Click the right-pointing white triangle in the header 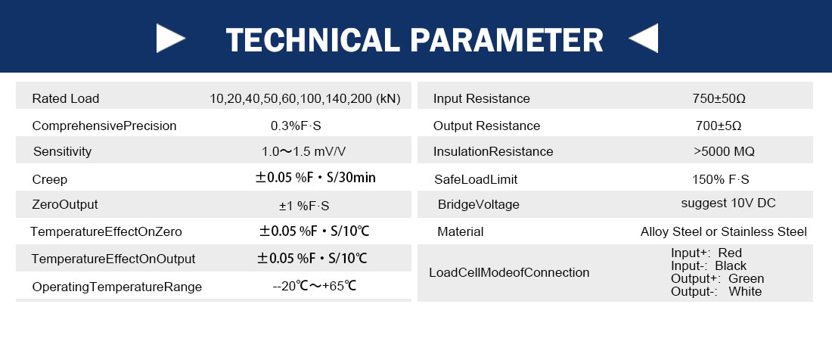(x=168, y=38)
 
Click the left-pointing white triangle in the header (x=646, y=38)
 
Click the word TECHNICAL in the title (x=312, y=40)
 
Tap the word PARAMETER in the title (x=507, y=40)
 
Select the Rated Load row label (x=66, y=98)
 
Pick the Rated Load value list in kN (x=305, y=98)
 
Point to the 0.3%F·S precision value (x=296, y=126)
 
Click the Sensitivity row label (x=63, y=151)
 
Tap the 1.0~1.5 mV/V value (x=303, y=151)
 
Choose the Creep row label (x=50, y=180)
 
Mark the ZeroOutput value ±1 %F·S (x=304, y=206)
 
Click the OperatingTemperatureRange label (x=117, y=287)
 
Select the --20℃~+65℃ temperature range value (x=314, y=287)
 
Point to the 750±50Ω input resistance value (x=719, y=98)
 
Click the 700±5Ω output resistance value (x=719, y=126)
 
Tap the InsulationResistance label (x=493, y=151)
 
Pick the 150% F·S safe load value (x=721, y=179)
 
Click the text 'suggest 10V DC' (x=728, y=203)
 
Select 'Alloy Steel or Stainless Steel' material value (x=724, y=231)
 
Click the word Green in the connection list (x=746, y=279)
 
